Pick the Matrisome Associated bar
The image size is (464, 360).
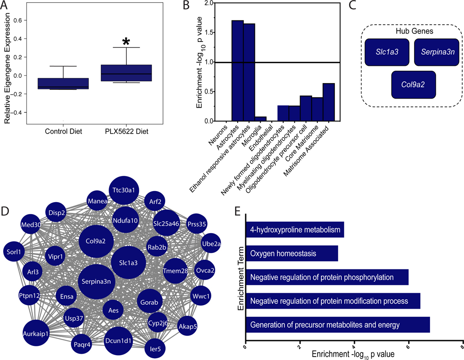click(328, 102)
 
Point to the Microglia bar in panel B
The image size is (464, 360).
click(261, 119)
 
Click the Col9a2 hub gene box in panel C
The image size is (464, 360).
click(414, 84)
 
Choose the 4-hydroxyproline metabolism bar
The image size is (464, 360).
click(295, 230)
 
